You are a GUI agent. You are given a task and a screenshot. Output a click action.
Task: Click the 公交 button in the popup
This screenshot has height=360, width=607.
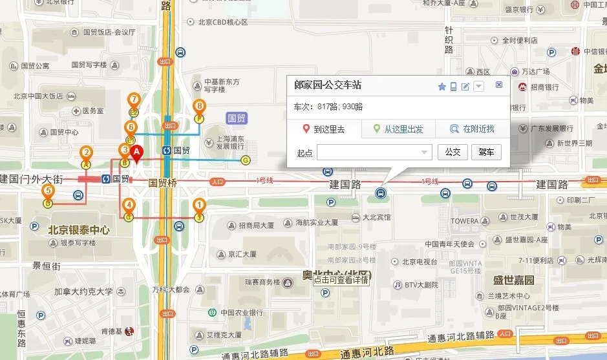pos(453,153)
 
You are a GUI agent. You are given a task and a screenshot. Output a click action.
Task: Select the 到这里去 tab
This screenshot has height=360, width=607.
pos(324,129)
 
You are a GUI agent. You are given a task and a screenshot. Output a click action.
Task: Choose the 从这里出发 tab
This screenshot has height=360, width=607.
pos(398,129)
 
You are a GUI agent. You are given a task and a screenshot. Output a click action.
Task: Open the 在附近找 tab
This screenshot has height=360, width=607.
pos(472,129)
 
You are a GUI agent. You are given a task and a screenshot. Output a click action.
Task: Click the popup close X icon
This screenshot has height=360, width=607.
pos(499,85)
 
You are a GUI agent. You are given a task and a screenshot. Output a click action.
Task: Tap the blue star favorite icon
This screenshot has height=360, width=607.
pos(442,87)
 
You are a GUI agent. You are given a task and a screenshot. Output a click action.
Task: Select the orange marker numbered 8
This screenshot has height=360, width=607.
pos(199,107)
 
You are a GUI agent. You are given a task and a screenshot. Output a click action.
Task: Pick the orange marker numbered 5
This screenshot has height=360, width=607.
pos(48,191)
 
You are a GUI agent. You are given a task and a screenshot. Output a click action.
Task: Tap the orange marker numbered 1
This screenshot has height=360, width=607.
pos(199,206)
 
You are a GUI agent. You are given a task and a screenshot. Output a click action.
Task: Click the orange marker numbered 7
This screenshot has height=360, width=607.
pos(134,100)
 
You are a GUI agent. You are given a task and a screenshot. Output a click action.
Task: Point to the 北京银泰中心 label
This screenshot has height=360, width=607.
pos(79,230)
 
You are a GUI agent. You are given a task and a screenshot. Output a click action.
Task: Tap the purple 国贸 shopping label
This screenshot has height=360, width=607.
pos(237,118)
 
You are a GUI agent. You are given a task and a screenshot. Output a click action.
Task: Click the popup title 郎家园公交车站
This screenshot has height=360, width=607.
pos(328,85)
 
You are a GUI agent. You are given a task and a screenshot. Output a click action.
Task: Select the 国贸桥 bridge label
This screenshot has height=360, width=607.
pos(163,183)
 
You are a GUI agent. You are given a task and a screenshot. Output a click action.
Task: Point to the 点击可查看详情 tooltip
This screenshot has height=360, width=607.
pos(341,280)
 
